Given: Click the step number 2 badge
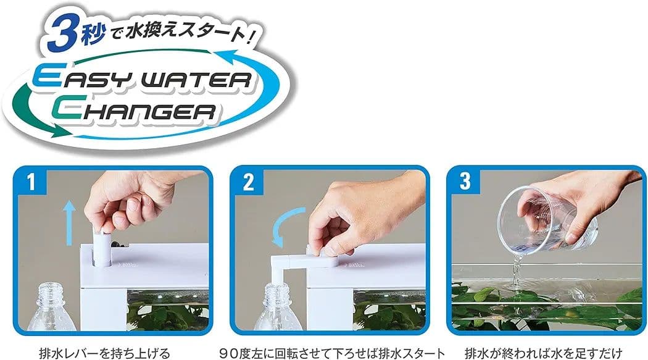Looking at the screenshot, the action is [248, 182].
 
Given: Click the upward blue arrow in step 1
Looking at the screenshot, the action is [69, 222].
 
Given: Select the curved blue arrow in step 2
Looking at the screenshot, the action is [285, 227].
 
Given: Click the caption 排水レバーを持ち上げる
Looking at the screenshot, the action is [104, 353].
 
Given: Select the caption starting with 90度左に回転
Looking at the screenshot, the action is [333, 353].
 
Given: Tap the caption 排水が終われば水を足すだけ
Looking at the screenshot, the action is [544, 353].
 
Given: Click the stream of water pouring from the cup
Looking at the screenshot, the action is [516, 269].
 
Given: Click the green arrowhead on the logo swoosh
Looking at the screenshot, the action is [61, 131].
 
